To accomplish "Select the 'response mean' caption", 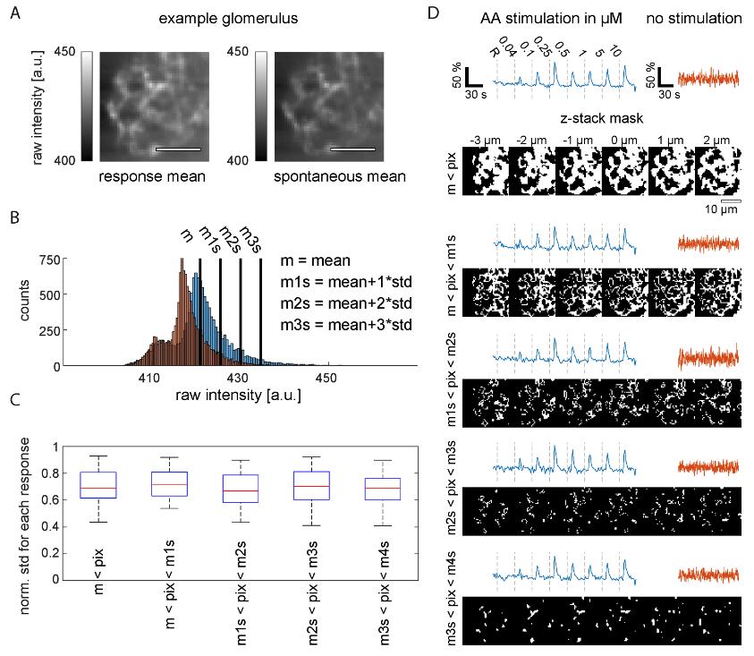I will coord(152,176).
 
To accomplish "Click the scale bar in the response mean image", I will coord(177,149).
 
